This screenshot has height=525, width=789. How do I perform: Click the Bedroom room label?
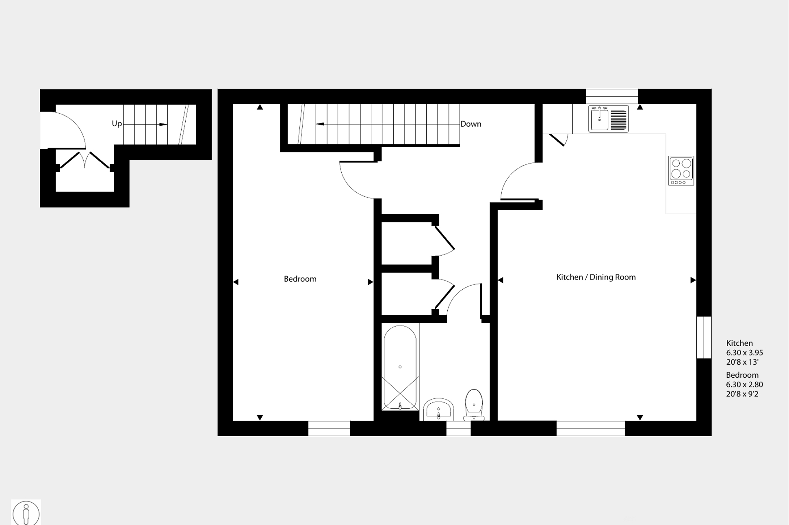pyautogui.click(x=300, y=279)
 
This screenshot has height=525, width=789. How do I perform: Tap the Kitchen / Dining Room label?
pyautogui.click(x=596, y=277)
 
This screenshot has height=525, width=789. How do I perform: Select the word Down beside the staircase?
pyautogui.click(x=470, y=124)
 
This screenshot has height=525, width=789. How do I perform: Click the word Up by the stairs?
pyautogui.click(x=117, y=124)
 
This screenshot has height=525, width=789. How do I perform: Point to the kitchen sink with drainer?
pyautogui.click(x=608, y=119)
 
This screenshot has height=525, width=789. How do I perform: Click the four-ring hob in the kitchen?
pyautogui.click(x=681, y=170)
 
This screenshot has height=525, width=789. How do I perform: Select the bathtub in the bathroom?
pyautogui.click(x=400, y=368)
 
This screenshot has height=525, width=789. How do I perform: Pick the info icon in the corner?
pyautogui.click(x=26, y=513)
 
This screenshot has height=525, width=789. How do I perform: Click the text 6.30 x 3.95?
pyautogui.click(x=744, y=353)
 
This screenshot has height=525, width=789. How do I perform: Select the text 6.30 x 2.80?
pyautogui.click(x=744, y=384)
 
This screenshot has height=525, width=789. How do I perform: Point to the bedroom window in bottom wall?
pyautogui.click(x=329, y=428)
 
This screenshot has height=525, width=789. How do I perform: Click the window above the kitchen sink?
pyautogui.click(x=611, y=97)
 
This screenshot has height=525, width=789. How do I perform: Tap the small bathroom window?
pyautogui.click(x=458, y=428)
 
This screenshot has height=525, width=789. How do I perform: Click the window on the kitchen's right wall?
pyautogui.click(x=704, y=338)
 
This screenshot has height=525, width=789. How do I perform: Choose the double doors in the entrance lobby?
pyautogui.click(x=85, y=161)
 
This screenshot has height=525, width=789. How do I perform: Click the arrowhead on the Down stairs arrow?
pyautogui.click(x=320, y=124)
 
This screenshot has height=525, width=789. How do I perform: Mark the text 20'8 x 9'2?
pyautogui.click(x=742, y=394)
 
